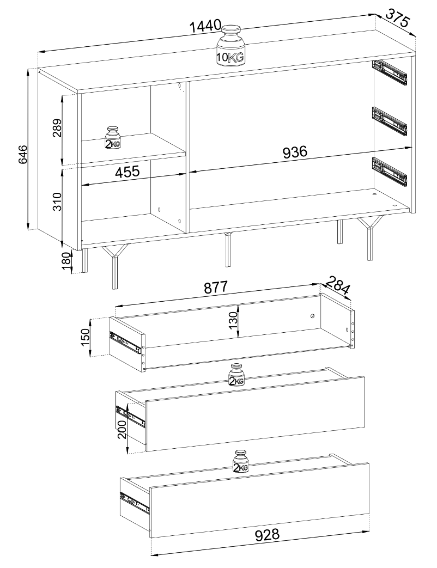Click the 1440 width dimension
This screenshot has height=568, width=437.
(205, 26)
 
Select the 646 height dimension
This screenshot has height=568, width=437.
(23, 154)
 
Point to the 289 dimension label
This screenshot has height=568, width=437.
(57, 128)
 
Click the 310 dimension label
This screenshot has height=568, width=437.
(57, 201)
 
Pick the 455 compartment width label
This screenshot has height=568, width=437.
(127, 172)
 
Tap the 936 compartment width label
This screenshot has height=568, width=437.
(295, 152)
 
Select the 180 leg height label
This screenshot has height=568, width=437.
(66, 261)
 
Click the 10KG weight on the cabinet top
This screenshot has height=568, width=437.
(230, 46)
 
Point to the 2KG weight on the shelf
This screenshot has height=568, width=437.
(113, 138)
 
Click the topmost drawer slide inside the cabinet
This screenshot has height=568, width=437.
(390, 72)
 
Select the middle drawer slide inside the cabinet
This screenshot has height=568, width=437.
(390, 121)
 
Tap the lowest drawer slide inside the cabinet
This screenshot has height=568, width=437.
(390, 171)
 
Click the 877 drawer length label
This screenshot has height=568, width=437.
(216, 287)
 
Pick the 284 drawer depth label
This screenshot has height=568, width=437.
(338, 285)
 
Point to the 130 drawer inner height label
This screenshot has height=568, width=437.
(233, 320)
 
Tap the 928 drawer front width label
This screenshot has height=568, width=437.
(267, 535)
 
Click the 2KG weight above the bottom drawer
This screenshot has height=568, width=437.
(241, 461)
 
